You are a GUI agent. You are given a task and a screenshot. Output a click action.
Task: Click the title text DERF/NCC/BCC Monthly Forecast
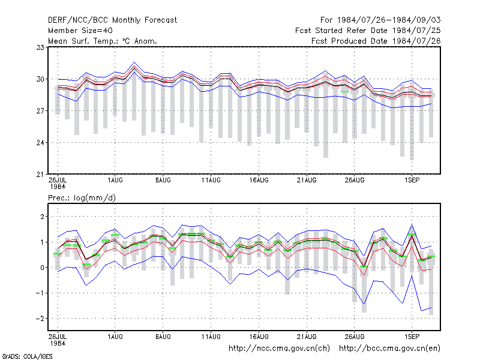pos(112,20)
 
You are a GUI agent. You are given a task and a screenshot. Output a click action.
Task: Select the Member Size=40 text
pos(80,31)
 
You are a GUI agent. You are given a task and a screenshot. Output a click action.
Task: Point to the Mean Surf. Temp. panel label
pos(102,41)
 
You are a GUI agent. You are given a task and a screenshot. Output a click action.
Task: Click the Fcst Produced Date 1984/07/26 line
pos(376,41)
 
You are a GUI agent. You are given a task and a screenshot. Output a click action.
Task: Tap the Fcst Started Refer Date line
pos(368,31)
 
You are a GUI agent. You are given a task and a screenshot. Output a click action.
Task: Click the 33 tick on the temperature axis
pos(40,47)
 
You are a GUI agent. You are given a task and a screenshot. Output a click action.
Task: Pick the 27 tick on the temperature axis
pos(40,111)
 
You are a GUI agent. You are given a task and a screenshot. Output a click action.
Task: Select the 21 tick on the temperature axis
pos(40,175)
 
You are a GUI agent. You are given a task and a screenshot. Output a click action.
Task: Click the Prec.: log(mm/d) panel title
pos(82,198)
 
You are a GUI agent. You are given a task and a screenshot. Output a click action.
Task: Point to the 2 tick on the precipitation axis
pos(42,217)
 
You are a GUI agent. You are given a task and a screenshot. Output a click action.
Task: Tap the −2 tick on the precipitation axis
pos(40,319)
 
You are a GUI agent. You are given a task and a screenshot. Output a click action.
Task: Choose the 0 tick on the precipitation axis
pos(42,268)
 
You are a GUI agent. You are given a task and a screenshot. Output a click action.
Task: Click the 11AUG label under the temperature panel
pos(211,181)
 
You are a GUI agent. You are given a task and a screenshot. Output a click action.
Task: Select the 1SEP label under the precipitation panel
pos(412,337)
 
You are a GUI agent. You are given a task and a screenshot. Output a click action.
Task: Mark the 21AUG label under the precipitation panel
pos(307,337)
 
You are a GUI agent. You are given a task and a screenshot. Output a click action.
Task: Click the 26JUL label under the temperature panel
pos(58,181)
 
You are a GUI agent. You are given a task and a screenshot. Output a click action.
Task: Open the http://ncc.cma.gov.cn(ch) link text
pos(279,349)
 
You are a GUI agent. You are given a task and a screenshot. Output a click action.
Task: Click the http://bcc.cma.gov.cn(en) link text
pos(389,349)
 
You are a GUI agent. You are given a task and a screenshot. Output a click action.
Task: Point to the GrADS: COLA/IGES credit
pos(27,356)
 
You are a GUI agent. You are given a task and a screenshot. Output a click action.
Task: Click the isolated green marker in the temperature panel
pos(345,92)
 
